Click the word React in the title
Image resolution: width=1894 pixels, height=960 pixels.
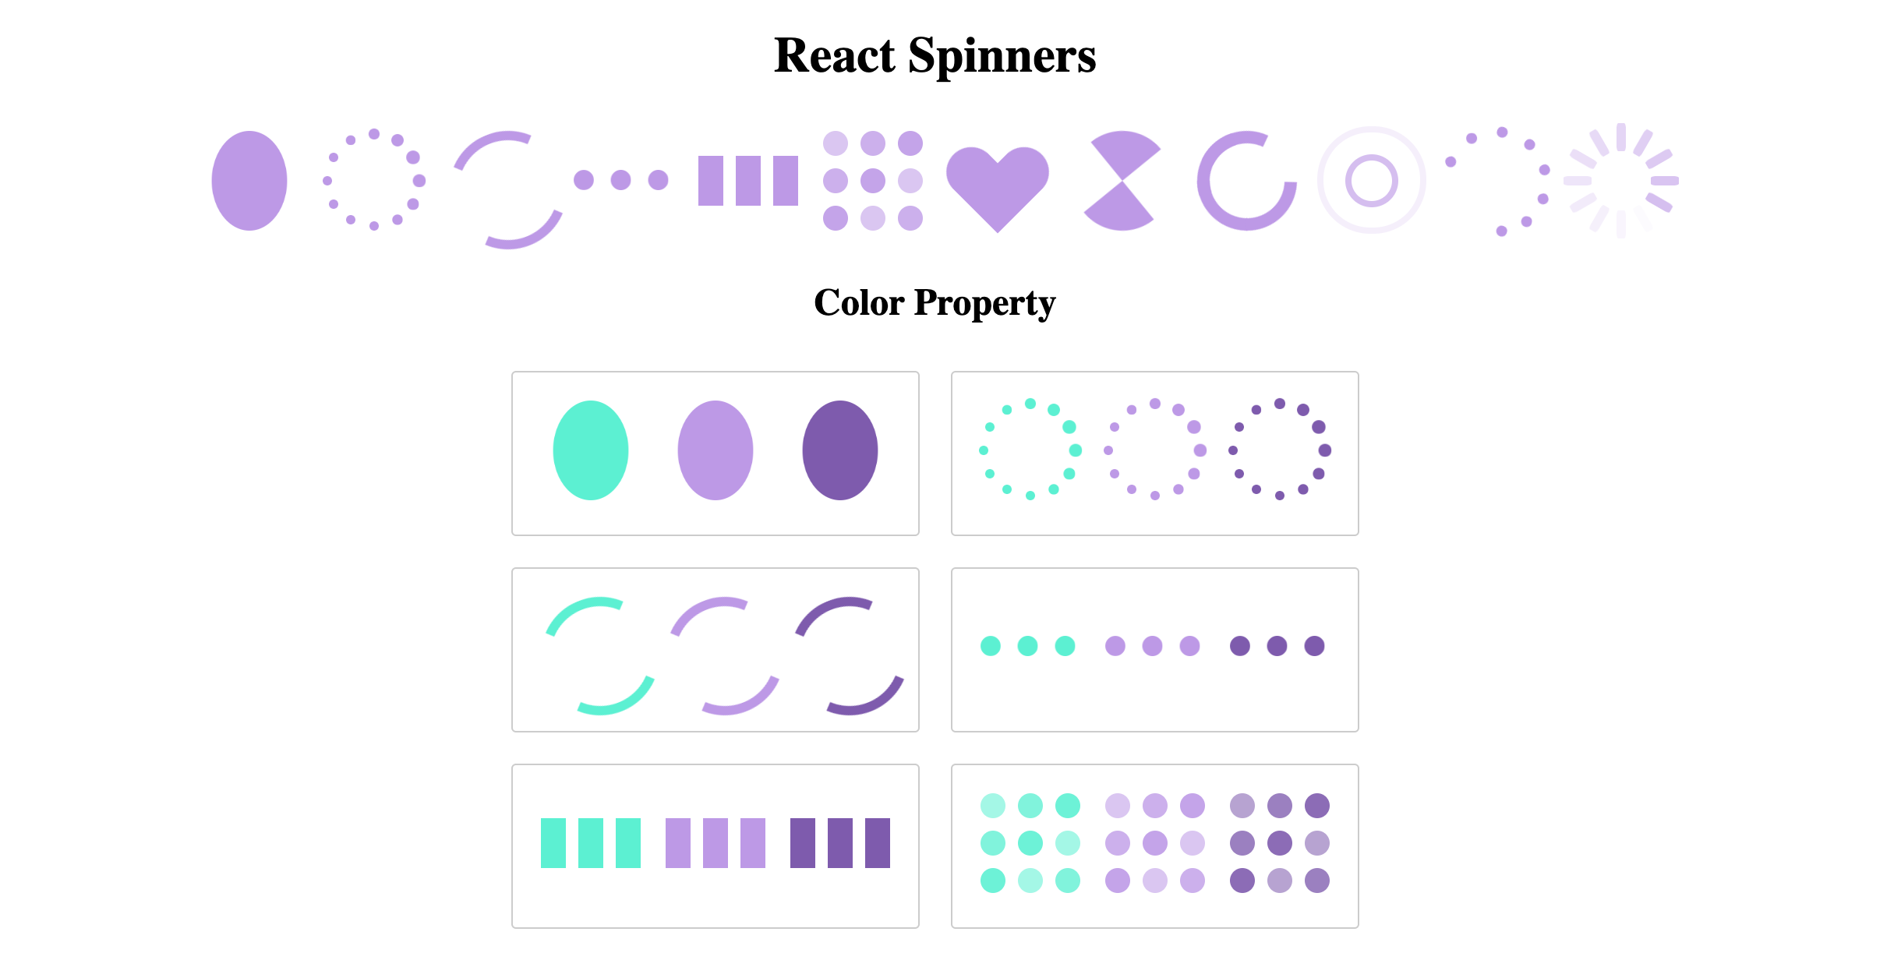pyautogui.click(x=834, y=56)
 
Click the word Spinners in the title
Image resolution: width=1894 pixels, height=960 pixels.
pyautogui.click(x=1002, y=56)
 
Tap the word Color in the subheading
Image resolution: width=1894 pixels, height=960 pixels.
pyautogui.click(x=858, y=302)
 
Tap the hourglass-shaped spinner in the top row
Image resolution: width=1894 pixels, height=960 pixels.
pyautogui.click(x=1121, y=181)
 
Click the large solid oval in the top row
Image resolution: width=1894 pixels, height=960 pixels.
pyautogui.click(x=249, y=181)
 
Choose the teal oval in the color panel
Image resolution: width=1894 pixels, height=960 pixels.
pyautogui.click(x=591, y=450)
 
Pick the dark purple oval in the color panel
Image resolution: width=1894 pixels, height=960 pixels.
pyautogui.click(x=840, y=450)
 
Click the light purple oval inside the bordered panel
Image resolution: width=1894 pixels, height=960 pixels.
pyautogui.click(x=716, y=450)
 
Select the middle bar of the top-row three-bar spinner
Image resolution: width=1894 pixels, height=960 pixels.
pyautogui.click(x=748, y=181)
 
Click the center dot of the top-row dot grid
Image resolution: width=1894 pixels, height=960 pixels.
pyautogui.click(x=873, y=181)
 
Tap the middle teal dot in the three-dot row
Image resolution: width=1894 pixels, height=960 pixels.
pyautogui.click(x=1027, y=646)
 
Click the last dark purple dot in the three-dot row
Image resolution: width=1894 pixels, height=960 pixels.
pyautogui.click(x=1314, y=646)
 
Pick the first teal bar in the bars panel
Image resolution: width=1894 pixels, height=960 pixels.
pyautogui.click(x=553, y=843)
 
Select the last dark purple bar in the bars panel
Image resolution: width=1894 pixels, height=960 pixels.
pyautogui.click(x=878, y=843)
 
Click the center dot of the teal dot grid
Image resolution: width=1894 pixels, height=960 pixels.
pyautogui.click(x=1030, y=843)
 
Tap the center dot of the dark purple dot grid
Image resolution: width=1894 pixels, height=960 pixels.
pyautogui.click(x=1280, y=843)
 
